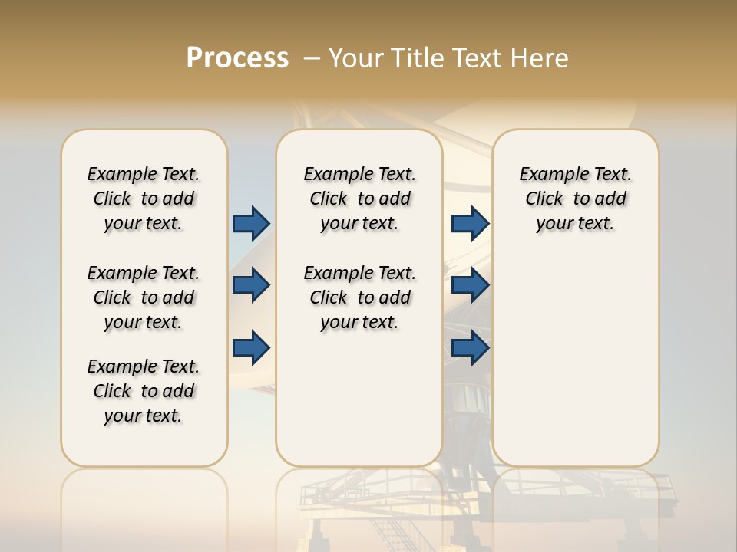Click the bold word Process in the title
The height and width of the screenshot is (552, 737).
point(237,58)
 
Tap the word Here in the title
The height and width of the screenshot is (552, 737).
point(540,58)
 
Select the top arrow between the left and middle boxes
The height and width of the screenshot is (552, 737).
point(251,223)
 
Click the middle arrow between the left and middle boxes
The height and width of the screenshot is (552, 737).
point(251,285)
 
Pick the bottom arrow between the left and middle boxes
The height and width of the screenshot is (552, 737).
point(251,347)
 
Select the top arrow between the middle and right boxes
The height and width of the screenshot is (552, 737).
point(470,223)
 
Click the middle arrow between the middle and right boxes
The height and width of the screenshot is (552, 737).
point(470,285)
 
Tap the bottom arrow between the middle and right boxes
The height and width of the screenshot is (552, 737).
point(470,347)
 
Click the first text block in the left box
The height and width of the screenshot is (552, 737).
point(144,199)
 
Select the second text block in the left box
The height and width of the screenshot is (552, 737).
point(144,297)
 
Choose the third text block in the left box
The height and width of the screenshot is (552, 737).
point(144,391)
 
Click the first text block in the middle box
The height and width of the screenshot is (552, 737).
point(359,199)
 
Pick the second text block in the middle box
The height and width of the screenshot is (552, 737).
point(359,297)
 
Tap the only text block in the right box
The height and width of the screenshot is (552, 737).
point(575,199)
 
